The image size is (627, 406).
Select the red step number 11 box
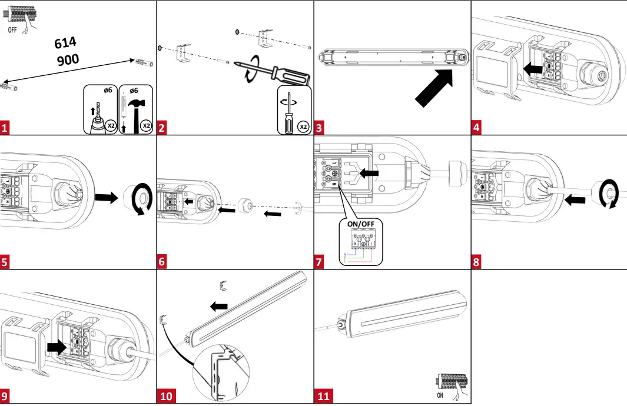(323, 396)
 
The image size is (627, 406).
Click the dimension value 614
(65, 44)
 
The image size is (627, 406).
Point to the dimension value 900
(68, 59)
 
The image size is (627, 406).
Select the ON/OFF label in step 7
(360, 224)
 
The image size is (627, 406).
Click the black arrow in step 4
(533, 69)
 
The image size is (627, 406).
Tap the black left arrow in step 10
(219, 306)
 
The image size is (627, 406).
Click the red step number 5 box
(6, 262)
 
